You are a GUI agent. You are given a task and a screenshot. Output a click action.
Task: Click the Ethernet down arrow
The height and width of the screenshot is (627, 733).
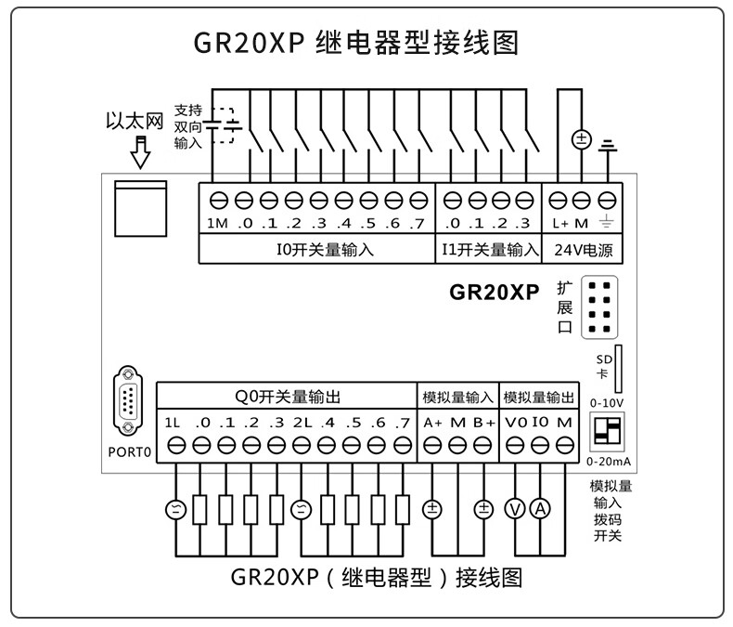tap(141, 151)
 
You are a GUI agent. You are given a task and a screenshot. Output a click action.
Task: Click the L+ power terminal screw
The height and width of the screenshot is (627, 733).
tap(559, 200)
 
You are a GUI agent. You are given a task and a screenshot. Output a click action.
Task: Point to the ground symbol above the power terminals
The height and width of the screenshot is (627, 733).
tap(608, 146)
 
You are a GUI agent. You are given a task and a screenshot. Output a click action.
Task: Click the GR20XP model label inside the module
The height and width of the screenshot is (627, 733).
tap(494, 292)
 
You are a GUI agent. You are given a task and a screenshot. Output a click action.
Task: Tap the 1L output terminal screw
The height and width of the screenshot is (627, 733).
tap(176, 446)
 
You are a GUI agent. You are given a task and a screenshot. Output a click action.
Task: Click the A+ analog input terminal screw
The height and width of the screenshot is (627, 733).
tap(432, 446)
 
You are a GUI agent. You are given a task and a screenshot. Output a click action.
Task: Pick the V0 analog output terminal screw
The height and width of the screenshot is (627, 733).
tap(516, 446)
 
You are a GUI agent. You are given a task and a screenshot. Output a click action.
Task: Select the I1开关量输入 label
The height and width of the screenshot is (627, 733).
tap(488, 249)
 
